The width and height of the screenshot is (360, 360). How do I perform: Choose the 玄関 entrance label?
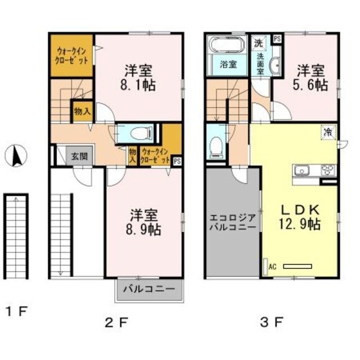[x=79, y=156]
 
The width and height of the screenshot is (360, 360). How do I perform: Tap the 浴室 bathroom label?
[x=228, y=64]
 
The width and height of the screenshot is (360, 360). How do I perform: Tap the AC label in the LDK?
[x=272, y=267]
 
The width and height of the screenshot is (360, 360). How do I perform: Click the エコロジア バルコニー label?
[x=233, y=222]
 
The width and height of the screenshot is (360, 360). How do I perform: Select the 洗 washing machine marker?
[x=258, y=42]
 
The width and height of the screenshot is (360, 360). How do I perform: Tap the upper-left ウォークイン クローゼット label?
[x=71, y=55]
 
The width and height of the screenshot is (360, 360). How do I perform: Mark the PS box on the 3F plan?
[x=276, y=39]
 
